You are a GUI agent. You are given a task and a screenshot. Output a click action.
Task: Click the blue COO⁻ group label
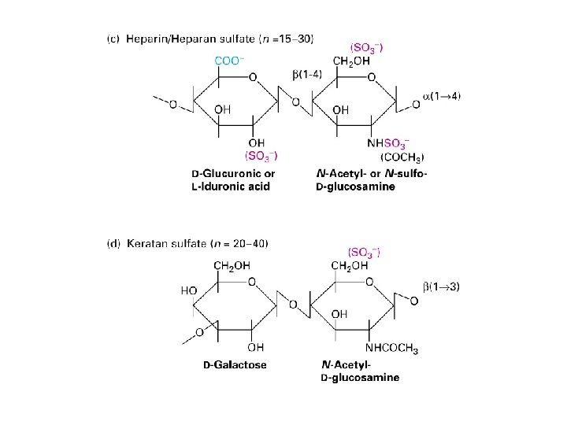coord(228,61)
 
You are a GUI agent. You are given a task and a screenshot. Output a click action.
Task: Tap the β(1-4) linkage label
coord(306,74)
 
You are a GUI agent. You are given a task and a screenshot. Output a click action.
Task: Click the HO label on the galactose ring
coord(189,290)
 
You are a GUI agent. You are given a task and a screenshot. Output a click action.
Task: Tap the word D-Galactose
coord(235,364)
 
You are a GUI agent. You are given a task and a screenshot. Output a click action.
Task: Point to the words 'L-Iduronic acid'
coord(231,187)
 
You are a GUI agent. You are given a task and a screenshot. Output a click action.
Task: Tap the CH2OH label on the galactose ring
coord(233,265)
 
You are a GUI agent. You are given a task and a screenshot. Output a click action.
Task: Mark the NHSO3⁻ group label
coord(387,143)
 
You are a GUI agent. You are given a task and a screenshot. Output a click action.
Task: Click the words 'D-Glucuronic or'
coord(233,173)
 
